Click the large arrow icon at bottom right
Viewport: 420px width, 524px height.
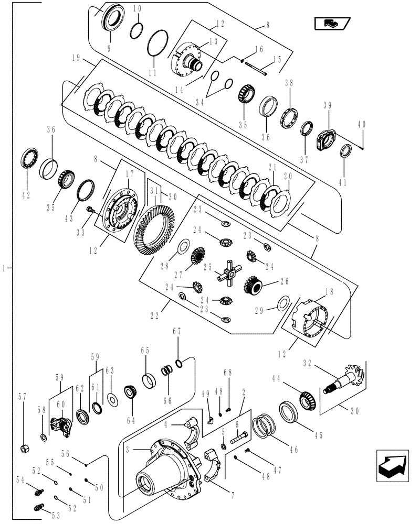(x=391, y=465)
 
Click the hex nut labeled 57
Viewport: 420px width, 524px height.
(x=24, y=448)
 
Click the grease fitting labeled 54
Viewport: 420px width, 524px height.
(x=38, y=490)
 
